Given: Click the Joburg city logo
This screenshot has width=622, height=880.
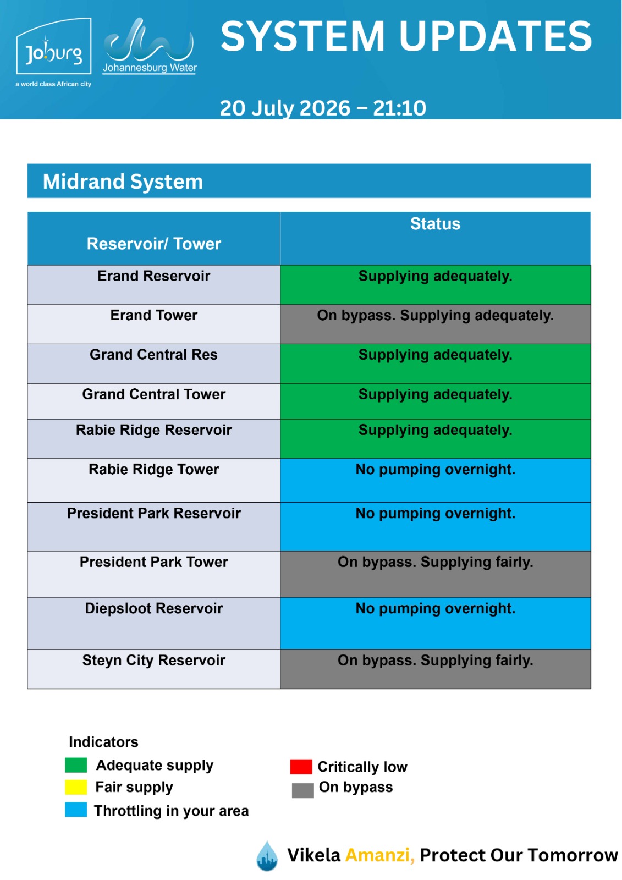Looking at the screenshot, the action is pyautogui.click(x=53, y=52).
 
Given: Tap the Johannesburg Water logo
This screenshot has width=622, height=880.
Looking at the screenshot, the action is pyautogui.click(x=150, y=46).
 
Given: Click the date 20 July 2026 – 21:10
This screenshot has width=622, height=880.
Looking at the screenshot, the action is pyautogui.click(x=323, y=108).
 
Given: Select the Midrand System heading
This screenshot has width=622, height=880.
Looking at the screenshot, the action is pyautogui.click(x=123, y=182).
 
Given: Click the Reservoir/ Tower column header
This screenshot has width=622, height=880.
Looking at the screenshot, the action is pyautogui.click(x=153, y=244).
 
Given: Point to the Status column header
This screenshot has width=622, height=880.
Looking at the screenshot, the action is pyautogui.click(x=435, y=223).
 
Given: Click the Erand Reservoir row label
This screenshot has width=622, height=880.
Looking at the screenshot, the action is pyautogui.click(x=153, y=276).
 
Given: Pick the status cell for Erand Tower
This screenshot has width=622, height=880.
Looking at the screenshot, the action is pyautogui.click(x=435, y=324).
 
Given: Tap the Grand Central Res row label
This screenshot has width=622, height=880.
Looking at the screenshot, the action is pyautogui.click(x=153, y=354).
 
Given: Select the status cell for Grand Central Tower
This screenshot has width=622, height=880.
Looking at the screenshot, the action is pyautogui.click(x=435, y=401).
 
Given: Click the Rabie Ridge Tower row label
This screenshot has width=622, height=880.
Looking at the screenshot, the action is pyautogui.click(x=153, y=469).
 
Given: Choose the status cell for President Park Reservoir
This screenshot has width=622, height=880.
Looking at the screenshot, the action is pyautogui.click(x=435, y=526).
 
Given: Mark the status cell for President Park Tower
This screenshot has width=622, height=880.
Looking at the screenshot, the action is pyautogui.click(x=435, y=574).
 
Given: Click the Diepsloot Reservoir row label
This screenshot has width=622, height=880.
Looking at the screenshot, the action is pyautogui.click(x=153, y=608).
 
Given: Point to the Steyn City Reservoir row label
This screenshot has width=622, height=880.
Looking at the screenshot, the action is pyautogui.click(x=153, y=660).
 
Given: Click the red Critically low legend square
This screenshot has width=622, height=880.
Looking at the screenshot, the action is pyautogui.click(x=301, y=767).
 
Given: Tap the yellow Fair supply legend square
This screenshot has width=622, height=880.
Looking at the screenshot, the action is pyautogui.click(x=76, y=787).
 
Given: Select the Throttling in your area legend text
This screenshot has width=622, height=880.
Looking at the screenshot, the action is pyautogui.click(x=172, y=811).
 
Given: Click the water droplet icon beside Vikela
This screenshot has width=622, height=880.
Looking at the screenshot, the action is pyautogui.click(x=267, y=855).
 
